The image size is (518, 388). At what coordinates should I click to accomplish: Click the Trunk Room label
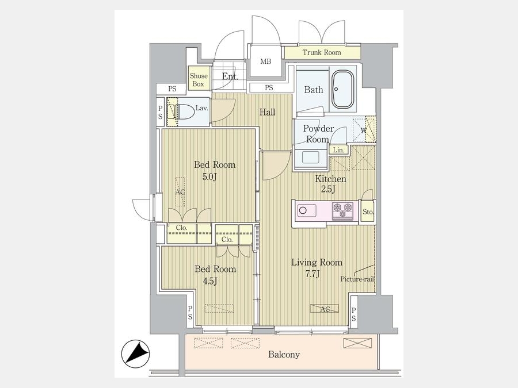[x=321, y=52]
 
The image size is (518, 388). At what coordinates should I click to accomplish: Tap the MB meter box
[x=265, y=62]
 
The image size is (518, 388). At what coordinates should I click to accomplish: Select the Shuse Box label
[x=199, y=80]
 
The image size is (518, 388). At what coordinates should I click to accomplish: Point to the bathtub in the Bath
[x=342, y=89]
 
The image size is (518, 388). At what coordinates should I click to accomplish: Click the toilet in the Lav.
[x=181, y=112]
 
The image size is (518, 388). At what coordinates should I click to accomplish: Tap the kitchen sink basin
[x=307, y=210]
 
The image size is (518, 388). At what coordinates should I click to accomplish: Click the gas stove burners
[x=342, y=210]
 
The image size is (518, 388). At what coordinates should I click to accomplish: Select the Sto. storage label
[x=368, y=212]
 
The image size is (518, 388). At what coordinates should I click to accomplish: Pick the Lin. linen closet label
[x=338, y=150]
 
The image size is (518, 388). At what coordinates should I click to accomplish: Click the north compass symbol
[x=136, y=354]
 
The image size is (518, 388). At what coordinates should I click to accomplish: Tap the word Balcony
[x=284, y=355]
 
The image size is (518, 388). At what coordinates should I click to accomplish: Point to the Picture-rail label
[x=357, y=279]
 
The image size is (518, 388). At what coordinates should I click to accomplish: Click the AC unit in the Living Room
[x=325, y=309]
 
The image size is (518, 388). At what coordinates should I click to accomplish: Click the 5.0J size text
[x=210, y=177]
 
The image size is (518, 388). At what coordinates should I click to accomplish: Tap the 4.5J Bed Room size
[x=210, y=281]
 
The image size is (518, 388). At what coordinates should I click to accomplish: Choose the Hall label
[x=267, y=113]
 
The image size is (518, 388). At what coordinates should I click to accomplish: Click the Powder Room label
[x=318, y=133]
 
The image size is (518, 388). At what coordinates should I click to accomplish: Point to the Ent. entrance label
[x=230, y=77]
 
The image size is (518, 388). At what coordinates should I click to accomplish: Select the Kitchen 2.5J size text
[x=329, y=189]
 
